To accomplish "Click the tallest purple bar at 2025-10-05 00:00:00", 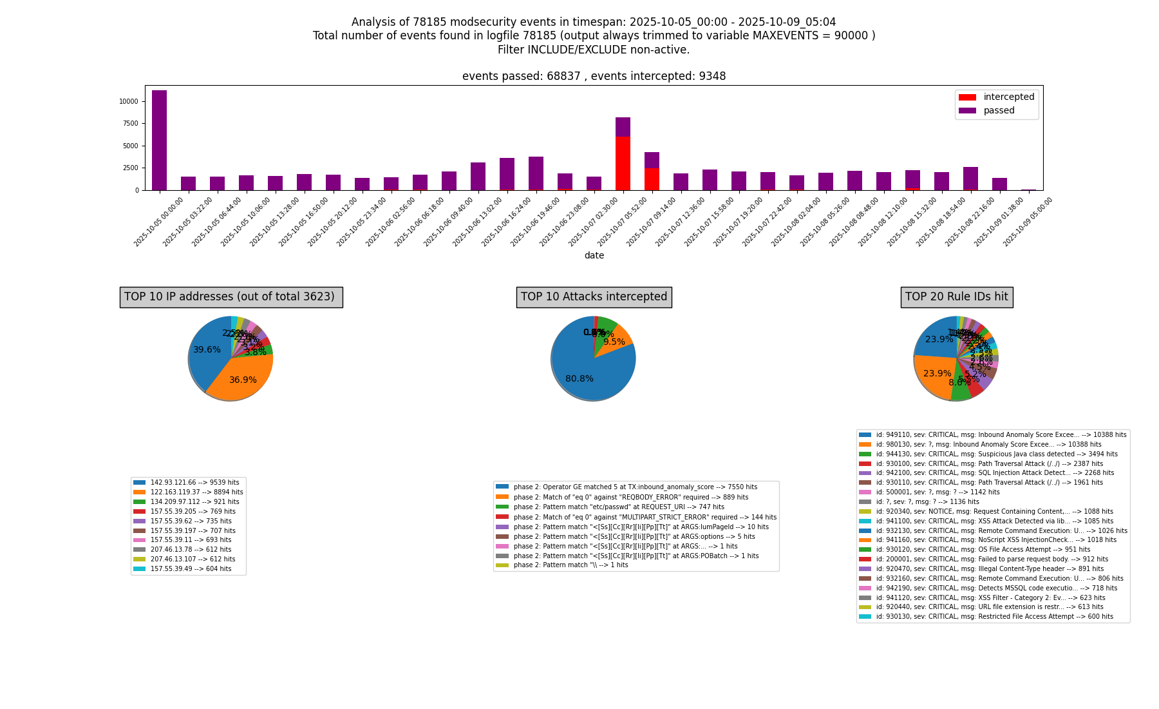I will (159, 140).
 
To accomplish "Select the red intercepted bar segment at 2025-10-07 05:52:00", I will (623, 163).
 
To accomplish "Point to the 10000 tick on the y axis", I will (128, 102).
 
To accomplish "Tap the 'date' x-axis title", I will (594, 256).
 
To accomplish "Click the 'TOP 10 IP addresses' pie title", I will (230, 297).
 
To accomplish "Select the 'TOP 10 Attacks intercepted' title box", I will (594, 297).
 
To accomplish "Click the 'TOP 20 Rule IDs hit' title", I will (956, 297).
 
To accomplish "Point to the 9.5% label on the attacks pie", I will (614, 342).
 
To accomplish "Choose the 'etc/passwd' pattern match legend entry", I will (619, 507).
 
